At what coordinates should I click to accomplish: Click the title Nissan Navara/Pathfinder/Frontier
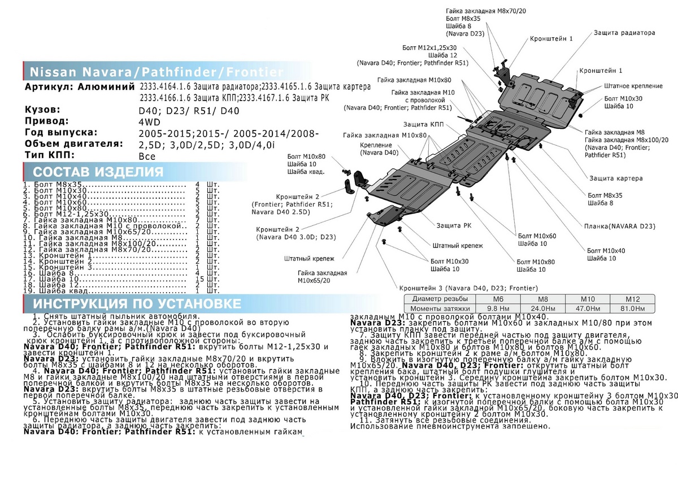point(156,72)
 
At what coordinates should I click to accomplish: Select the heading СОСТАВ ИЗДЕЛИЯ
point(98,172)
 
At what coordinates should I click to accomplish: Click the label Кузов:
point(43,110)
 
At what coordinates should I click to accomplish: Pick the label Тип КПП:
point(49,155)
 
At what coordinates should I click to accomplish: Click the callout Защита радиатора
point(624,33)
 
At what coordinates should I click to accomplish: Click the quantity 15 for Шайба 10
point(199,280)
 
